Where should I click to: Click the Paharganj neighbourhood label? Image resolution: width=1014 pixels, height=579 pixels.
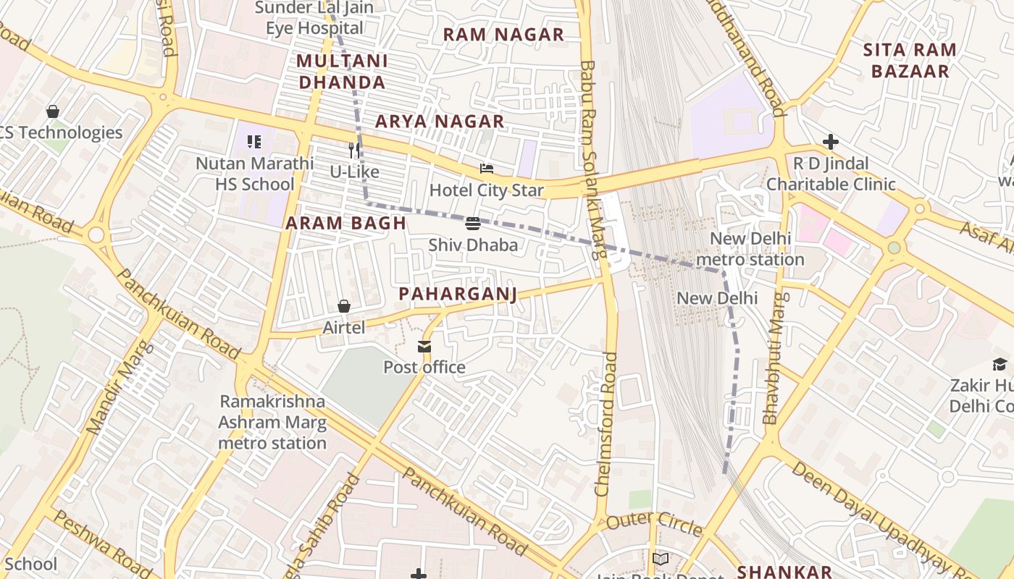tap(458, 294)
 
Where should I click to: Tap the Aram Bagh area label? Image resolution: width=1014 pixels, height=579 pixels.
tap(345, 223)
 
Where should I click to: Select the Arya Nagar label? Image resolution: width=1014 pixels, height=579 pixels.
tap(439, 122)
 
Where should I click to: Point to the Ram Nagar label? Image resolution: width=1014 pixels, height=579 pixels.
tap(503, 35)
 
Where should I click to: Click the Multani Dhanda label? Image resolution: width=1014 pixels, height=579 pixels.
tap(342, 72)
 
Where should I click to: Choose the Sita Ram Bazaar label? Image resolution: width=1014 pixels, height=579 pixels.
tap(910, 61)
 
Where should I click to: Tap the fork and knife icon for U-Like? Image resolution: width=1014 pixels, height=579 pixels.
tap(354, 151)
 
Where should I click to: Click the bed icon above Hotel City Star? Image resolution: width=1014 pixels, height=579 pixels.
tap(487, 169)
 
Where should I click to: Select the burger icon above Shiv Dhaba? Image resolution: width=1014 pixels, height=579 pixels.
tap(473, 224)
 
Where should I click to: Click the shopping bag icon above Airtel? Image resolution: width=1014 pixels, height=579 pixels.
tap(344, 307)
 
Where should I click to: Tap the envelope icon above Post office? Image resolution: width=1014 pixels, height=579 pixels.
tap(424, 347)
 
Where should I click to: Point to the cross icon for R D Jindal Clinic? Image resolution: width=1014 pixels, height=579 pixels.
tap(831, 142)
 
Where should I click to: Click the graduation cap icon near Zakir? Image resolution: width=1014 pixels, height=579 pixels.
tap(1000, 364)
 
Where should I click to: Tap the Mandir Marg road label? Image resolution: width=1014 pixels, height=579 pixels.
tap(117, 388)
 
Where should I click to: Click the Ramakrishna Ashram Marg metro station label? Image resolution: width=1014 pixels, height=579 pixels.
tap(272, 422)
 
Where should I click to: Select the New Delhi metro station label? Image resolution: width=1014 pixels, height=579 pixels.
tap(750, 249)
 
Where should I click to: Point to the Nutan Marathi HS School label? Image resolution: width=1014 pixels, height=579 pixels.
tap(255, 174)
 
